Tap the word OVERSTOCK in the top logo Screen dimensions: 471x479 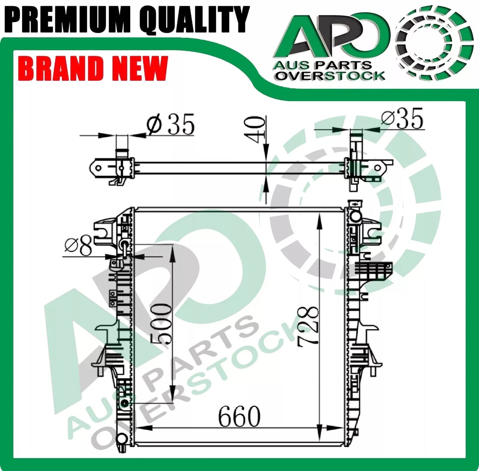tap(330, 76)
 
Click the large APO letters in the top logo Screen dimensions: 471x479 tap(331, 36)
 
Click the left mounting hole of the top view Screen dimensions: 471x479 tap(98, 168)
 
